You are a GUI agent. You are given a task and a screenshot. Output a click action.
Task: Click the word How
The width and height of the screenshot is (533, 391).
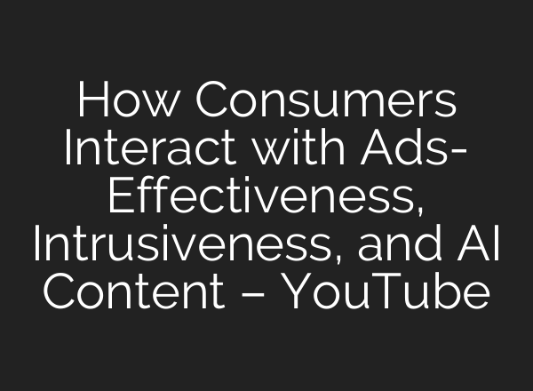pyautogui.click(x=130, y=104)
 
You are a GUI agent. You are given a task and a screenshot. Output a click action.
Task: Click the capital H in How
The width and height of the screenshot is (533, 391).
pyautogui.click(x=93, y=104)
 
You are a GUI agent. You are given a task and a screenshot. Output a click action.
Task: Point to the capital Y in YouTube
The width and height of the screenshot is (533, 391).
pyautogui.click(x=299, y=291)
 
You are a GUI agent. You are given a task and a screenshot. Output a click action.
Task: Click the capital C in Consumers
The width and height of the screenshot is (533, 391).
pyautogui.click(x=211, y=104)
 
